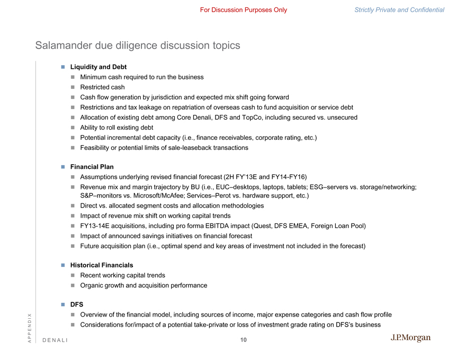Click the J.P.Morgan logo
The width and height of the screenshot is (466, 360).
click(x=410, y=338)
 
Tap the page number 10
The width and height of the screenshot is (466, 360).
click(x=243, y=340)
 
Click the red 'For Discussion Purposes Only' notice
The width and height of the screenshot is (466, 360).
click(x=244, y=10)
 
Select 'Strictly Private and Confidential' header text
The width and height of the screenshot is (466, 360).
click(x=399, y=10)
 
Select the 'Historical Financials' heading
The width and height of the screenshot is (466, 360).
click(x=102, y=265)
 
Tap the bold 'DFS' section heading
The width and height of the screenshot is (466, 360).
click(x=77, y=304)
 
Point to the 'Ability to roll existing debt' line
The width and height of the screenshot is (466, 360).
click(x=116, y=128)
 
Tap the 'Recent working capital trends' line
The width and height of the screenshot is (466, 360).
click(x=122, y=275)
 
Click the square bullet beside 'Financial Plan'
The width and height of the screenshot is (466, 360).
click(x=62, y=167)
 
